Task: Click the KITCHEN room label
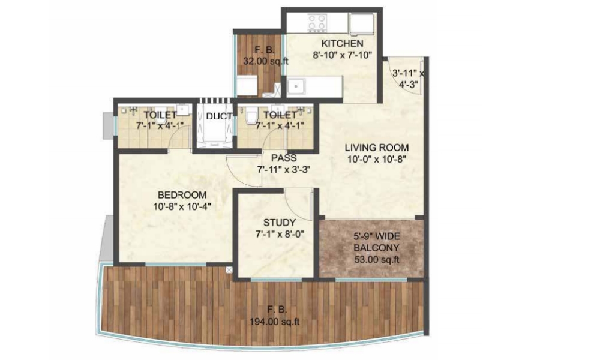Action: [x=342, y=44]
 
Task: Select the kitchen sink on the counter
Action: [x=296, y=86]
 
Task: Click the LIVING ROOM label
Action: [x=377, y=148]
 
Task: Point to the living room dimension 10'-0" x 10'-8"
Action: [x=377, y=159]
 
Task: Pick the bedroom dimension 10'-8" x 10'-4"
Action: [x=182, y=206]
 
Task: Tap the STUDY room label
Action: [x=280, y=223]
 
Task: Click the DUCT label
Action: [x=219, y=116]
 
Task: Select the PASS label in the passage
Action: [x=284, y=158]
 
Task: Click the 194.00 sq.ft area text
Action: [x=274, y=322]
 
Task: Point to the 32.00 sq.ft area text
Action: [x=266, y=61]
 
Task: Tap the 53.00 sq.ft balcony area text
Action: [x=377, y=260]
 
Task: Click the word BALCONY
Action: [x=376, y=248]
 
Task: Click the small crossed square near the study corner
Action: [x=229, y=270]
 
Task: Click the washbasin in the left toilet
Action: [x=183, y=110]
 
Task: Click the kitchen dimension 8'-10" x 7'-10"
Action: [x=342, y=55]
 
